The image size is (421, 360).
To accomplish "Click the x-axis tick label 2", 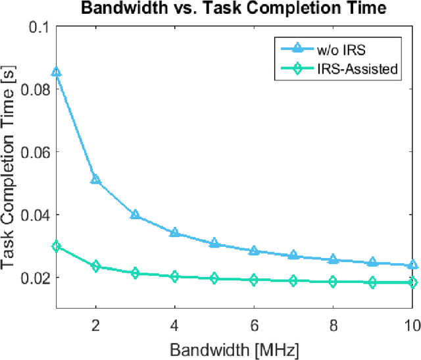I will point(95,324).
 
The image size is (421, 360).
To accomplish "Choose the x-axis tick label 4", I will point(174,324).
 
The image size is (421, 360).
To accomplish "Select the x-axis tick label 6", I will point(254,324).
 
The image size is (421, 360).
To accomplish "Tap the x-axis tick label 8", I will point(333,324).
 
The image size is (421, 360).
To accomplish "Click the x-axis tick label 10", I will point(412,324).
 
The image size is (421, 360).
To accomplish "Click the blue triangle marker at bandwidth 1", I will point(57,72).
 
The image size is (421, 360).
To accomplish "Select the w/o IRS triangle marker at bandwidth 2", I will point(96,179).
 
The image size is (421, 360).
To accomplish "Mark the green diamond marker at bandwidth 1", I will point(57,247).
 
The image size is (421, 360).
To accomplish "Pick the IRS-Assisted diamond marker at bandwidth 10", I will point(412,283).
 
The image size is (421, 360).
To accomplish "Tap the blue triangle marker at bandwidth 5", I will point(214,243).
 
